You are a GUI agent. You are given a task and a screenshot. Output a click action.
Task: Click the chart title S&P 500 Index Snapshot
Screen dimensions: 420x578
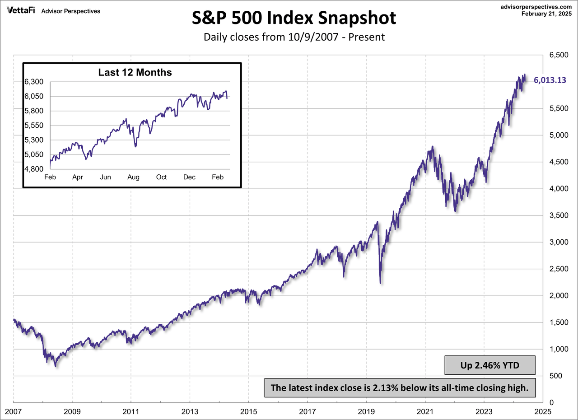[294, 18]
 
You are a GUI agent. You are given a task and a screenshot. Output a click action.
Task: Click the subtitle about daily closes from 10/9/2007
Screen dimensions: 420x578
[294, 37]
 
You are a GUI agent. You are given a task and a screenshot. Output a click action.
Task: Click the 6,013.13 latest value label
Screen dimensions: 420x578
[550, 80]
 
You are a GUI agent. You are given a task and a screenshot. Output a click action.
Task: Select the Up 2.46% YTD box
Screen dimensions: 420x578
[490, 365]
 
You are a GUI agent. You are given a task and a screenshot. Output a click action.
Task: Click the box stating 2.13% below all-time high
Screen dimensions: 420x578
[400, 387]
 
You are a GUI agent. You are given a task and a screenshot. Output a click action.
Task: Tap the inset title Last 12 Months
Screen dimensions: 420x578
[135, 72]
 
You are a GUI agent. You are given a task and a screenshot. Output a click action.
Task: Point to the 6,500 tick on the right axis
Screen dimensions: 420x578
[558, 55]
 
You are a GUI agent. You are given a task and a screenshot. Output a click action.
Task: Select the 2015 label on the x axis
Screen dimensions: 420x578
[248, 411]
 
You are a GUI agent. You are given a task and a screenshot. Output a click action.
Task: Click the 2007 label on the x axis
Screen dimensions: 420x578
[13, 411]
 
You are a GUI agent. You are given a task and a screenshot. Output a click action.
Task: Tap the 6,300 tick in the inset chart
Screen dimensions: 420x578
[34, 82]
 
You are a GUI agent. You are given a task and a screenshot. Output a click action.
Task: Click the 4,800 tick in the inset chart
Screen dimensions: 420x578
[34, 169]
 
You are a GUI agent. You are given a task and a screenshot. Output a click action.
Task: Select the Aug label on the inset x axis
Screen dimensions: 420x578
[133, 177]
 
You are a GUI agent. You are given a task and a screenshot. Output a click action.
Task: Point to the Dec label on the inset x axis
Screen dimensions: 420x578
[189, 177]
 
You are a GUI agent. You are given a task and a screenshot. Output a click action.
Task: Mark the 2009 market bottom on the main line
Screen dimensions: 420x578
[56, 366]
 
